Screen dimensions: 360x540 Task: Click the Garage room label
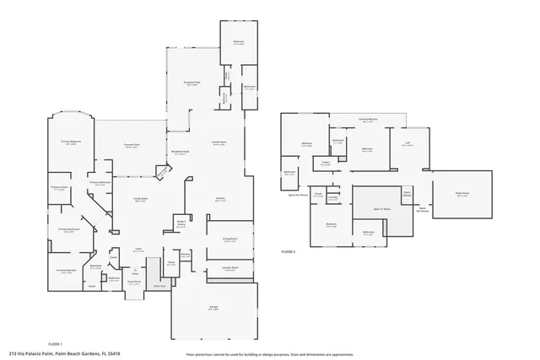213,307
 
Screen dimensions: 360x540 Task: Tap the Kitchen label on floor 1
220,199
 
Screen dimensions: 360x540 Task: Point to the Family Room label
219,142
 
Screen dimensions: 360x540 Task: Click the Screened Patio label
192,83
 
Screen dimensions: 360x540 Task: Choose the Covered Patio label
131,144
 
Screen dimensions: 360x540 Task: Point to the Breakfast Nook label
181,153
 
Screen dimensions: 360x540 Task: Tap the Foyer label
138,250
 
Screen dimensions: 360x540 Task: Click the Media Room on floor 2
462,194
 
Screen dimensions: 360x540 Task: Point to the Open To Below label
381,208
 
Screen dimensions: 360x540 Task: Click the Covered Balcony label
366,120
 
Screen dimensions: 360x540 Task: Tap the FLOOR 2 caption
289,251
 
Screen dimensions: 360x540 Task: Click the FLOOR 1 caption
56,344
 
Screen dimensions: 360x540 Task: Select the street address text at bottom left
64,354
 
